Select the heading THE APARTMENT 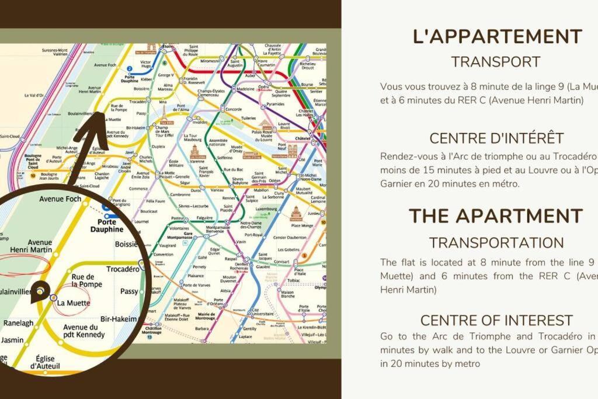[x=495, y=216]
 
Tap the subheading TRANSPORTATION [x=496, y=242]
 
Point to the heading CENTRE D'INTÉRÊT [x=496, y=138]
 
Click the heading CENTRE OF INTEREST [x=496, y=320]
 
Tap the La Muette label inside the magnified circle [x=74, y=303]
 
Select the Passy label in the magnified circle [x=128, y=291]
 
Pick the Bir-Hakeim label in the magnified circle [x=119, y=319]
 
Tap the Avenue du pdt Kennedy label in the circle [x=84, y=331]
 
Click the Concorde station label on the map [x=233, y=109]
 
